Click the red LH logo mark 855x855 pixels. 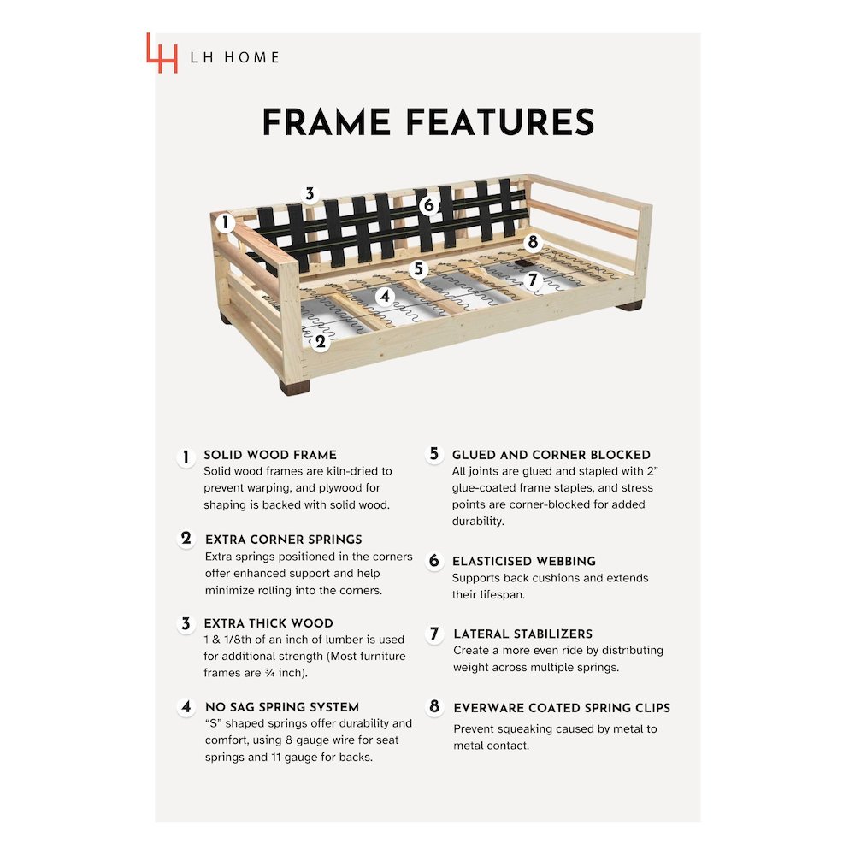(162, 53)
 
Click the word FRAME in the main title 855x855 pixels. (327, 121)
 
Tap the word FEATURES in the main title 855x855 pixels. (500, 121)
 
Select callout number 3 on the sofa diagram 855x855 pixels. (310, 193)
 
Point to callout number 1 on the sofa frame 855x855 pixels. (225, 222)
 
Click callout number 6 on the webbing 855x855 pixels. (429, 205)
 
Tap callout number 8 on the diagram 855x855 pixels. (533, 242)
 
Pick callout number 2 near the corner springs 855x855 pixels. (321, 342)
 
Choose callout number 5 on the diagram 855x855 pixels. (418, 268)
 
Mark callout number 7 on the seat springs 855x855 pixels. (533, 280)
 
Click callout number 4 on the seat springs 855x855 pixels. (386, 297)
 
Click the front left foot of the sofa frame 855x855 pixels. (294, 386)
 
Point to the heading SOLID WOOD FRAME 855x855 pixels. (270, 455)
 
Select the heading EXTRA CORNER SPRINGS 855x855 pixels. (284, 540)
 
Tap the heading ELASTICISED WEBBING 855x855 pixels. (524, 561)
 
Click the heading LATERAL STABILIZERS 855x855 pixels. (523, 634)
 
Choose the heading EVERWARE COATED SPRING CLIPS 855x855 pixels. (562, 708)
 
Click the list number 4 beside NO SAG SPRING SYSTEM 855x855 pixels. (186, 707)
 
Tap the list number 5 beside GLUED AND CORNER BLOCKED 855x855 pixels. (434, 454)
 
